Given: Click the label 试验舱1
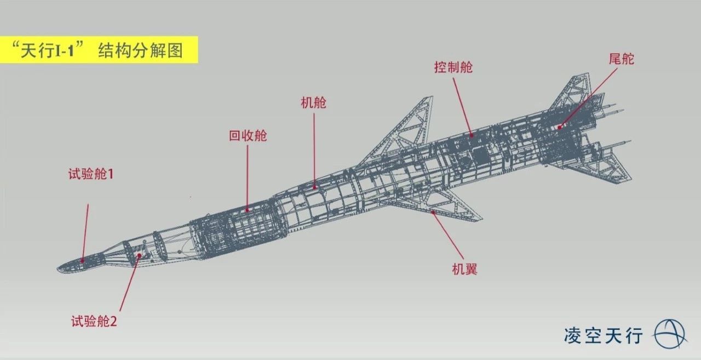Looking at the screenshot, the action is coord(91,174).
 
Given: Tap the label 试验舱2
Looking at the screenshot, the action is coord(94,321).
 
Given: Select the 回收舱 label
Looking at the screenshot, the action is coord(248,135).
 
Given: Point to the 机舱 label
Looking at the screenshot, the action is coord(314,102).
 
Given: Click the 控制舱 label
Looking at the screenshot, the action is coord(453,67).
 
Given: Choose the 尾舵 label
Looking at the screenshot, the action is coord(622,59).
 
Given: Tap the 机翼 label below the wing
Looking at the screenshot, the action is coord(465,269).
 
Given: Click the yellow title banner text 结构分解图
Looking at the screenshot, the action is coord(141,50).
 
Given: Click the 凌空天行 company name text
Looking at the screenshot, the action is coord(604,335).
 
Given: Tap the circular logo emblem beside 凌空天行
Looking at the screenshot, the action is coord(670,334).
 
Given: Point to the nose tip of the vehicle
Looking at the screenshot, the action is coord(58,270).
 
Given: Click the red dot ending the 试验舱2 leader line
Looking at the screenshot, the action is coord(139,256).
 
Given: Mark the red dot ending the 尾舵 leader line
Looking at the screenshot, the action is coord(560,127).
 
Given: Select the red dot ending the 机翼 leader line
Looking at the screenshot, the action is coord(433,212).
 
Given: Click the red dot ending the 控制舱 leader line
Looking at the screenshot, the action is coord(472,135).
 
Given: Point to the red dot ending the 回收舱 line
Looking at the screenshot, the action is coord(247,210).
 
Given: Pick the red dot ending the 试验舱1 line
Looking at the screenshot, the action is coord(83,260).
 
